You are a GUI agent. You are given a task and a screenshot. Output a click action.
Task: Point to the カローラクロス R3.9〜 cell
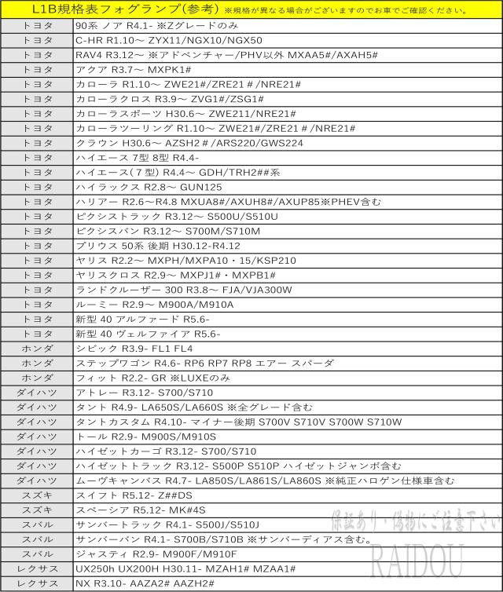pyautogui.click(x=169, y=100)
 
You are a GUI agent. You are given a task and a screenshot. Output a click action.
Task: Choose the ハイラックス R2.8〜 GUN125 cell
pyautogui.click(x=149, y=188)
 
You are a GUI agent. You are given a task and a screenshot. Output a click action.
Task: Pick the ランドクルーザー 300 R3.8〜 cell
pyautogui.click(x=184, y=290)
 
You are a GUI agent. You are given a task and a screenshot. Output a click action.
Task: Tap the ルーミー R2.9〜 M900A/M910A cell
pyautogui.click(x=155, y=304)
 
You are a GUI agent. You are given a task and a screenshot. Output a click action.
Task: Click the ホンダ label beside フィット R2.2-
pyautogui.click(x=37, y=378)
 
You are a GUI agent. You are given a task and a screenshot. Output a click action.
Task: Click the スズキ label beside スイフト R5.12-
pyautogui.click(x=37, y=495)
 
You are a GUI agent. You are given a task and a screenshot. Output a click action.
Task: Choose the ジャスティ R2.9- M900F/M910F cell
pyautogui.click(x=156, y=554)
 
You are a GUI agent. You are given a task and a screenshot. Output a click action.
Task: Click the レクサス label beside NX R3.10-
pyautogui.click(x=37, y=583)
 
